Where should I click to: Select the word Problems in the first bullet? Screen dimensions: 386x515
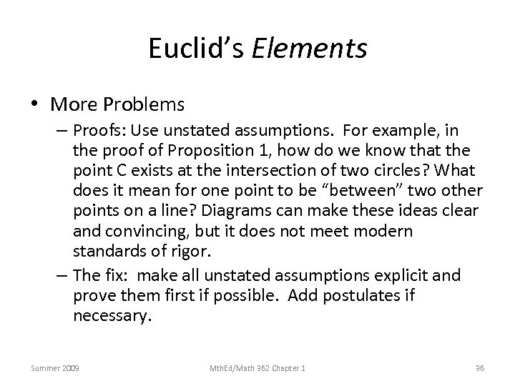(x=148, y=105)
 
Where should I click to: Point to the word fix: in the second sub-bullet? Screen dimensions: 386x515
(x=122, y=275)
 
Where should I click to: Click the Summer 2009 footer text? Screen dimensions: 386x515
(x=55, y=367)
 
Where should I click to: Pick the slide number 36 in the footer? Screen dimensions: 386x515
(x=480, y=367)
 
